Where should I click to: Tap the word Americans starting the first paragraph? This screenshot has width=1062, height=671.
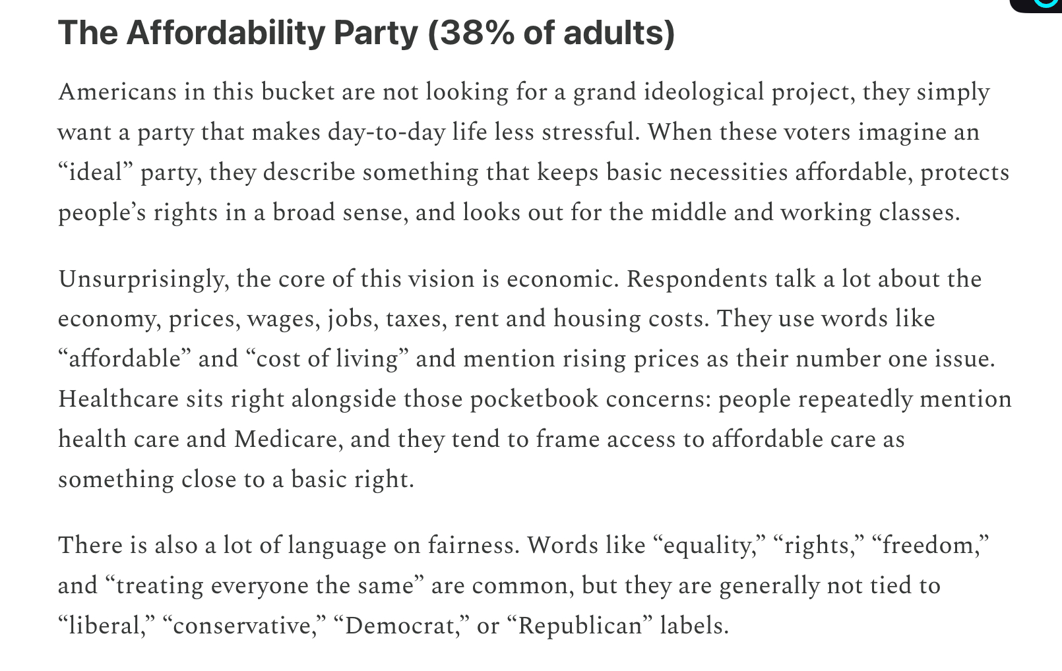[x=117, y=92]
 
